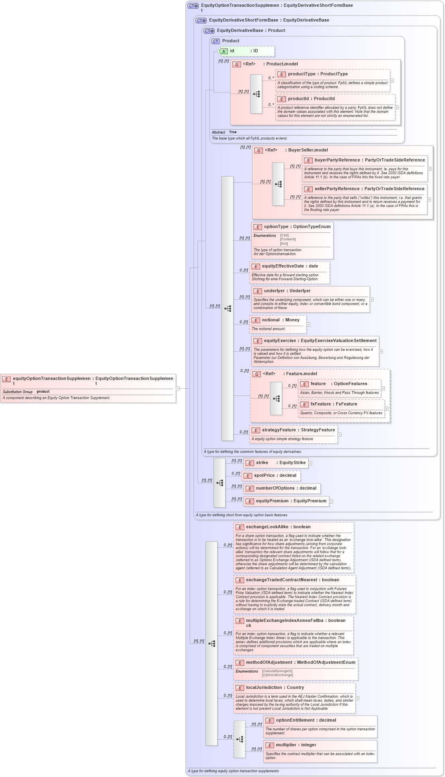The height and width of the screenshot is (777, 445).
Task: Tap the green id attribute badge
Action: (x=223, y=51)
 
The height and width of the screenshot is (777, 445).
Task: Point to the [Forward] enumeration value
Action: (x=288, y=239)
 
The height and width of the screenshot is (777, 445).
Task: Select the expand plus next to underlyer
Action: (x=372, y=299)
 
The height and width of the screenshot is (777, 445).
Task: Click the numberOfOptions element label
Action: (x=275, y=488)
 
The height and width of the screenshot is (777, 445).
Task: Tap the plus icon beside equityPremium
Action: (x=331, y=502)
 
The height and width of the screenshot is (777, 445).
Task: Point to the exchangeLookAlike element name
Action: (x=267, y=527)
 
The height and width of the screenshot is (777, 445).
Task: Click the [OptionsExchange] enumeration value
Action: (x=277, y=675)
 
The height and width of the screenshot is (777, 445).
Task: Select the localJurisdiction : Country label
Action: (x=275, y=688)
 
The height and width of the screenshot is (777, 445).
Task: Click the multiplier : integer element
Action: (x=296, y=745)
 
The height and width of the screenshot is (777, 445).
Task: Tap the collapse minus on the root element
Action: (x=178, y=388)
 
